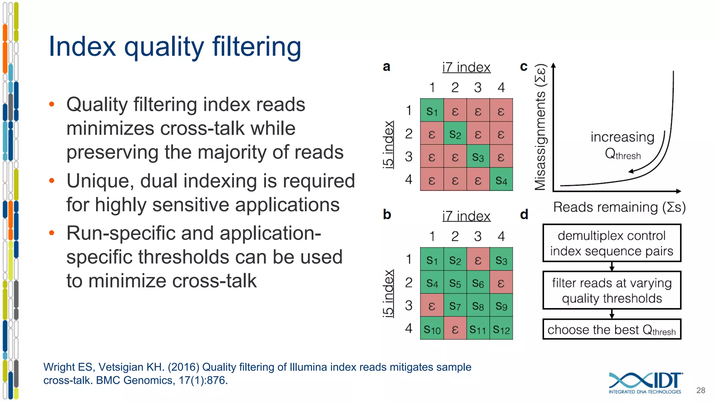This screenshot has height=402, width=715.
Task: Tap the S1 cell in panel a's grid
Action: pos(432,111)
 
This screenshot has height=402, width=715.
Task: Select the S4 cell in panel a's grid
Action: pos(501,180)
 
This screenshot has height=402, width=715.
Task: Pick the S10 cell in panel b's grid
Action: pos(432,329)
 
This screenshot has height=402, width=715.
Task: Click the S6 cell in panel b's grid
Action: pos(478,283)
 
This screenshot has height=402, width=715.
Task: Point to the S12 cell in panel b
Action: pos(501,329)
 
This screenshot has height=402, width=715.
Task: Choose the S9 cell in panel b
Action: pos(501,306)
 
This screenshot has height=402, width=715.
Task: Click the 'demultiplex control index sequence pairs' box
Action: pos(612,243)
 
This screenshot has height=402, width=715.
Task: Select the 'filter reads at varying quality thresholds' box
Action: pos(612,290)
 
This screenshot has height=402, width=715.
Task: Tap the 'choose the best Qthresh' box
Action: pos(612,329)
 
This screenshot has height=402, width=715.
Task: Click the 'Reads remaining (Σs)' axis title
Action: pos(619,207)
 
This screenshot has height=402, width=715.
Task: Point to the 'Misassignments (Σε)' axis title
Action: pos(540,127)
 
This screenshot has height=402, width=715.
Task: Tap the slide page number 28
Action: pos(700,390)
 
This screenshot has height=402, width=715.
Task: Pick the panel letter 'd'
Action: pos(524,214)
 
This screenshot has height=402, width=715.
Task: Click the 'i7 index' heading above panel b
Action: pos(466,216)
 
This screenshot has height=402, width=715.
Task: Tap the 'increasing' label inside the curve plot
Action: pos(622,137)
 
